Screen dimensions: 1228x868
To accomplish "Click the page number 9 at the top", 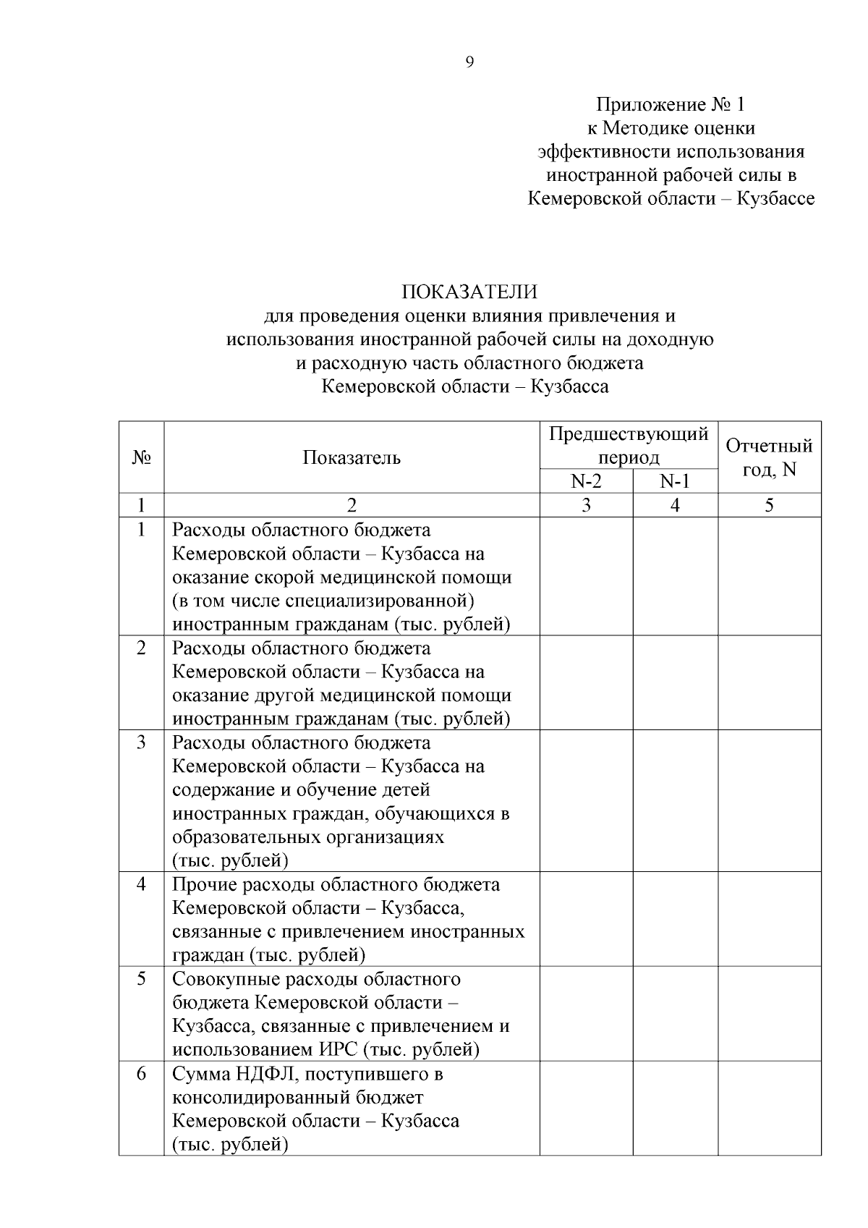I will [469, 63].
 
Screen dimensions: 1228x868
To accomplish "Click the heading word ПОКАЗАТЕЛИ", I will [469, 292].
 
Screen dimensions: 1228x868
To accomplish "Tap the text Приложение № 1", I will [671, 105].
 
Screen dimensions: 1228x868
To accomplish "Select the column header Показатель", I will [352, 457].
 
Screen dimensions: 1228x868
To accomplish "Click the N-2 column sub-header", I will [586, 482].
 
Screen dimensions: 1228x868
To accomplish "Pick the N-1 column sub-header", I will [675, 482].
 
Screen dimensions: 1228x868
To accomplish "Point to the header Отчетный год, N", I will [769, 457].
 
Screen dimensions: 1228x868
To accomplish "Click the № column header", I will [141, 457].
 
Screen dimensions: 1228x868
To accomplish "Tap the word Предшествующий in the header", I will [629, 434].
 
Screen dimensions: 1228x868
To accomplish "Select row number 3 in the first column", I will [141, 742].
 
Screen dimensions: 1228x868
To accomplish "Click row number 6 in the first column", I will [141, 1074].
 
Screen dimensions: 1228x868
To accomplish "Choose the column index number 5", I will [769, 505].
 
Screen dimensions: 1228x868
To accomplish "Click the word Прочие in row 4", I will [204, 885].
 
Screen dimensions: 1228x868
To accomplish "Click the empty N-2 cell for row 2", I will [586, 682].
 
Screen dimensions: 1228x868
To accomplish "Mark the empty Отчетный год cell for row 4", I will [769, 918].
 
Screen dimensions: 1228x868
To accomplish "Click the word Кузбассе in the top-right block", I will [775, 198].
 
